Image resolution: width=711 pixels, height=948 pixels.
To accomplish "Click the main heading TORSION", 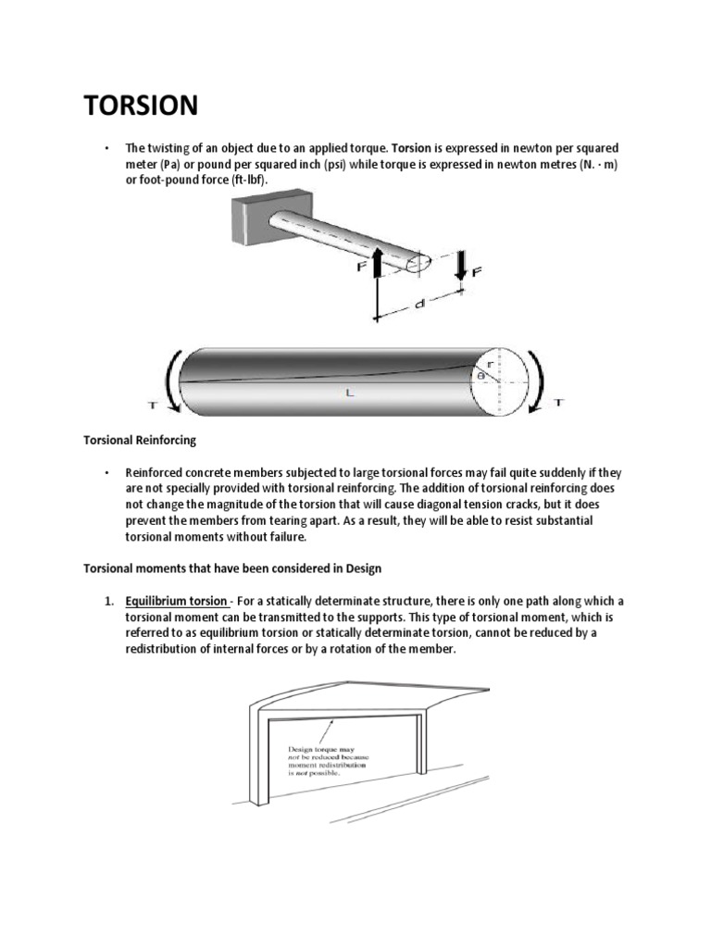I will coord(141,106).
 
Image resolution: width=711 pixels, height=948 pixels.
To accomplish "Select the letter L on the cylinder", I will coord(350,393).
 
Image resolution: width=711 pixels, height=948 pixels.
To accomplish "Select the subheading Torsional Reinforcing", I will coord(140,441).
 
